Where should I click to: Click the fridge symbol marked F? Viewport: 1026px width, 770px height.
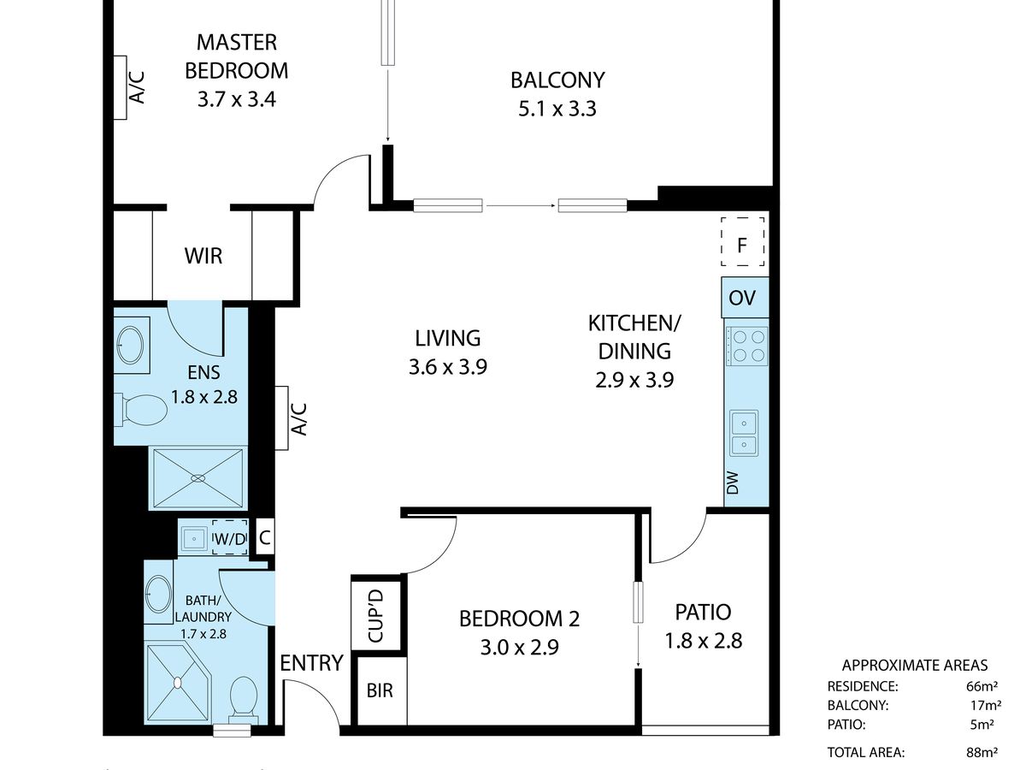742,242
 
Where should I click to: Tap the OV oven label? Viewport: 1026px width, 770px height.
742,298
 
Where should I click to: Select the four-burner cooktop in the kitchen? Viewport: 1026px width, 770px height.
746,346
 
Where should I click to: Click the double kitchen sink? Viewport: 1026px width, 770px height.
744,433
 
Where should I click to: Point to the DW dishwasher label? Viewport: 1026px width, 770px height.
734,483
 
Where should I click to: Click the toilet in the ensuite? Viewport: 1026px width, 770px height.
142,410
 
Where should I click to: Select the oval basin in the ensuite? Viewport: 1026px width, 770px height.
130,345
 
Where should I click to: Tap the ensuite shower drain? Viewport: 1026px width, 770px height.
198,478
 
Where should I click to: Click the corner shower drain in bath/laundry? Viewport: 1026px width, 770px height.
178,683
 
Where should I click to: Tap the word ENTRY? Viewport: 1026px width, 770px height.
311,662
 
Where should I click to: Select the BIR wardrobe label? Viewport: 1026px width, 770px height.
380,690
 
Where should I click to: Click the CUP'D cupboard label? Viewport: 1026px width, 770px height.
376,615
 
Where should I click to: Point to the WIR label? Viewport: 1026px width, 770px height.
203,256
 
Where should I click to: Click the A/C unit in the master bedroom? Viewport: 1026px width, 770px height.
121,87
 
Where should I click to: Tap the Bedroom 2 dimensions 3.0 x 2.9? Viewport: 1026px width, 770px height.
519,648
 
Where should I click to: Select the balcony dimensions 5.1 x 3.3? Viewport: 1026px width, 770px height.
557,109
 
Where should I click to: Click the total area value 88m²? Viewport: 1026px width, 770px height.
982,752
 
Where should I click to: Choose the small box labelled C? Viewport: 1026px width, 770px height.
264,537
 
